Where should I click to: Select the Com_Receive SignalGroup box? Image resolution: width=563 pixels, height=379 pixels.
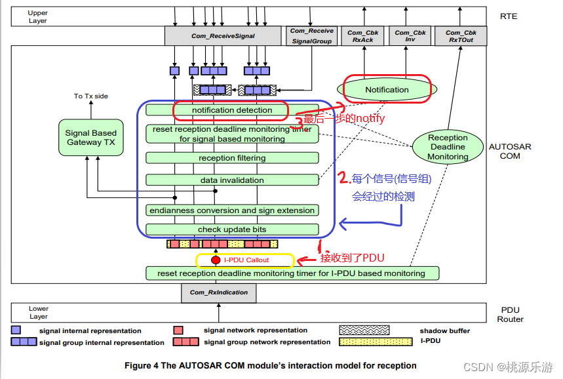[x=311, y=35]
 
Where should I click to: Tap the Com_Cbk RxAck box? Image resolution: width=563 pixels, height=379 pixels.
[x=363, y=36]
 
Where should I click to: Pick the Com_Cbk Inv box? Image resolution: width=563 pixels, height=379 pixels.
[x=410, y=36]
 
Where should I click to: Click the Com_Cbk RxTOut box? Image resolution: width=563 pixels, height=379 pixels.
[x=461, y=36]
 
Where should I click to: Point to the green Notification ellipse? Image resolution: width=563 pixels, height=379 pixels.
[x=387, y=90]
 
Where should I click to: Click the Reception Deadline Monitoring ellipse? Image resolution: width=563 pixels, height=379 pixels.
[x=448, y=147]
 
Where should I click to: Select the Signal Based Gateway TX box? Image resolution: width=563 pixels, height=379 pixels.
[x=90, y=138]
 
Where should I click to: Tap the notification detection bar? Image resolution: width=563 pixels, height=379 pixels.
[x=232, y=110]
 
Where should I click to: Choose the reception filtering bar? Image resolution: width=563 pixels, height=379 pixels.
[x=232, y=158]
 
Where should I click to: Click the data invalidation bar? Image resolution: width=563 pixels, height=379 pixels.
[x=232, y=180]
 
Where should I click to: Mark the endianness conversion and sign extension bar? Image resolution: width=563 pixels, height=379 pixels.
[x=232, y=210]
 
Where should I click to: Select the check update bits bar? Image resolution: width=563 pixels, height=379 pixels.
[x=232, y=229]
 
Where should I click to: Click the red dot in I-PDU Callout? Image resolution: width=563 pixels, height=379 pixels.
[x=216, y=260]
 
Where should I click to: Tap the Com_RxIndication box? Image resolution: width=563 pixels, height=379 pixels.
[x=218, y=292]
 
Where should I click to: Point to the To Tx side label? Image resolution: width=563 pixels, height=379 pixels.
[x=90, y=96]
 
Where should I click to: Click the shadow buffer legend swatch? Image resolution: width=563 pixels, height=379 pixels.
[x=360, y=330]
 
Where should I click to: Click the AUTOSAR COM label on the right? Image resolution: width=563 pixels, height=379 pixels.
[x=509, y=151]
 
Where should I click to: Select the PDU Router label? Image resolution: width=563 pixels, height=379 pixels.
[x=509, y=314]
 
